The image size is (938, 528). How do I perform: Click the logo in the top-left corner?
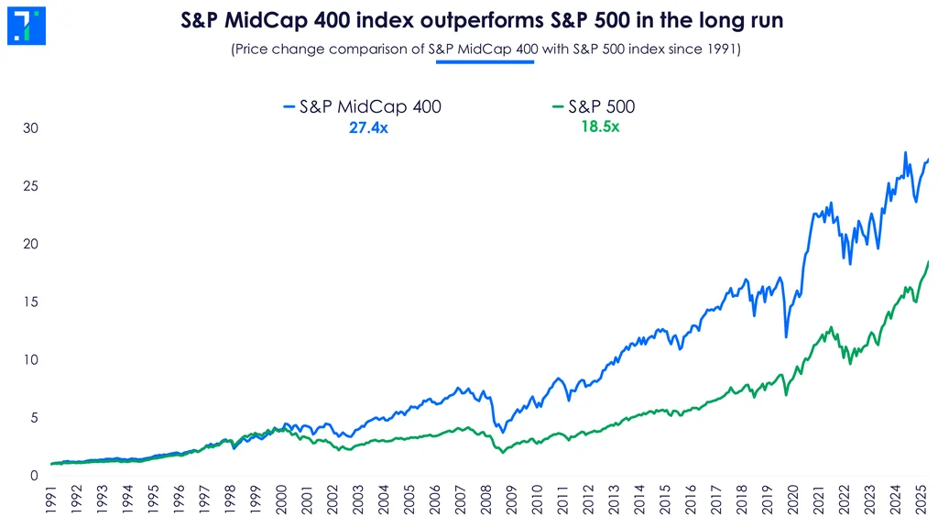(x=26, y=26)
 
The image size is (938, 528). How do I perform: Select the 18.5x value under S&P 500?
(x=600, y=127)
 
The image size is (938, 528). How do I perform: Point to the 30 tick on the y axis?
(x=32, y=128)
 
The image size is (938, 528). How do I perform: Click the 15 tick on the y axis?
(x=32, y=302)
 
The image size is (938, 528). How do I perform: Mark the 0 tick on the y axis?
(x=35, y=476)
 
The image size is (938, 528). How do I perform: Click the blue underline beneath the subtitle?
(x=485, y=62)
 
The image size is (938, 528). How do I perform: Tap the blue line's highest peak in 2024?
(x=906, y=152)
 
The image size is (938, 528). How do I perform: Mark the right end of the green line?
(x=928, y=262)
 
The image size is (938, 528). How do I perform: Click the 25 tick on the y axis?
(x=32, y=186)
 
